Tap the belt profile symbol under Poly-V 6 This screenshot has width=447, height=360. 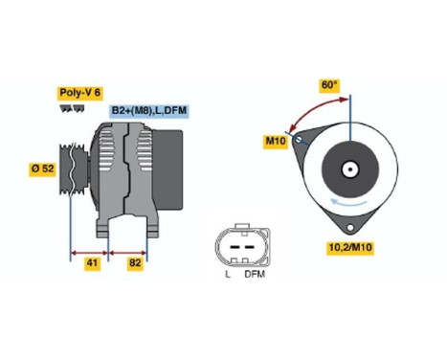(x=71, y=108)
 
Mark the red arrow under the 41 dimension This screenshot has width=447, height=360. (x=91, y=254)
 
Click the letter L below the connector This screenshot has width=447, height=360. (x=227, y=275)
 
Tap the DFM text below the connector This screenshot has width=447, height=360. (x=254, y=275)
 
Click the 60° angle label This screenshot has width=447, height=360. (x=329, y=84)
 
